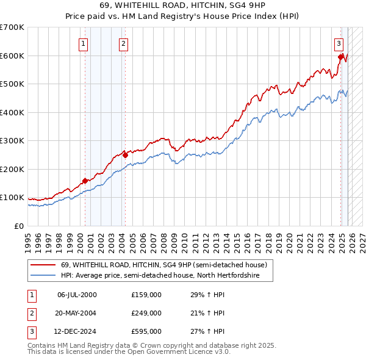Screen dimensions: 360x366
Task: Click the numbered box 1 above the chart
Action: pos(82,43)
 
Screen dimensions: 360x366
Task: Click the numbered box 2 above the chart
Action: pos(123,43)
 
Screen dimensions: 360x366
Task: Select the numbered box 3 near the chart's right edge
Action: pos(339,43)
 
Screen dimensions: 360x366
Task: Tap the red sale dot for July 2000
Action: pos(85,181)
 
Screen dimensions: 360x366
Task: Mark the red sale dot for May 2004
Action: pos(125,155)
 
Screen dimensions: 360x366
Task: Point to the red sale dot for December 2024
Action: pos(340,57)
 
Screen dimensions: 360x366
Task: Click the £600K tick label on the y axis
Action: pos(12,56)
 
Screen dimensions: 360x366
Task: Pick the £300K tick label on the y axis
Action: pos(12,141)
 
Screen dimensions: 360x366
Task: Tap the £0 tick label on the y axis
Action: pos(18,226)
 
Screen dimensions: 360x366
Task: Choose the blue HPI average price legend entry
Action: pos(160,276)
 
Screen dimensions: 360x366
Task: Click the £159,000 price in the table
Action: pos(146,295)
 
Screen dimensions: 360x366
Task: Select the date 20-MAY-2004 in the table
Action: pos(77,313)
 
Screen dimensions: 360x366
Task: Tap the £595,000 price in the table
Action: pos(146,331)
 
